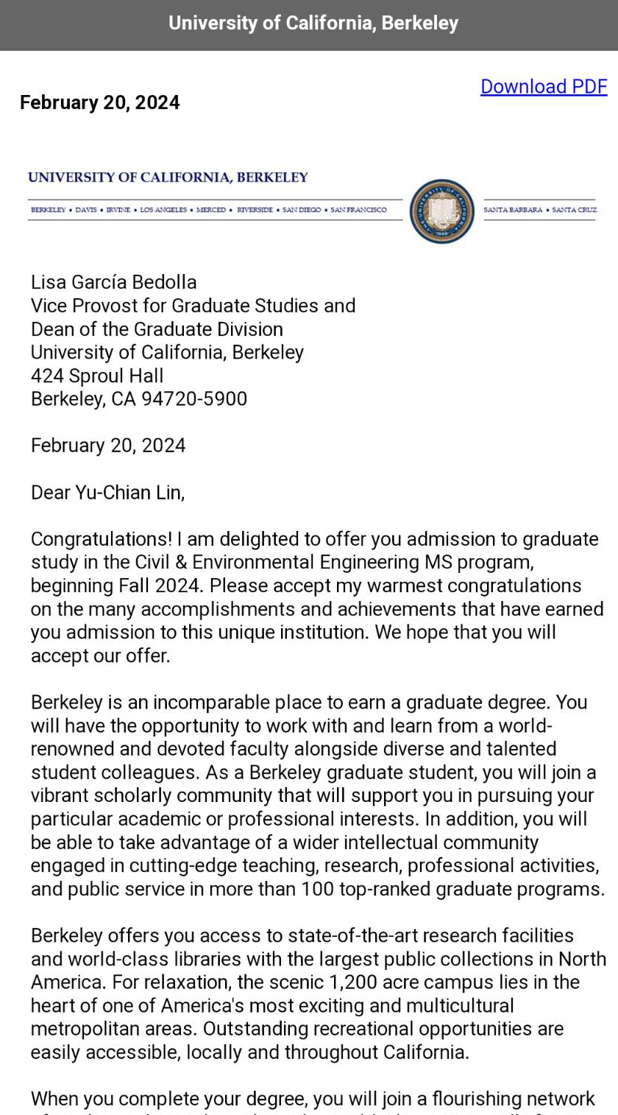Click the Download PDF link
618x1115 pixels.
pyautogui.click(x=543, y=87)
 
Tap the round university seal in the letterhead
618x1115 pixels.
pyautogui.click(x=441, y=211)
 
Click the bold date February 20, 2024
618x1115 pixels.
pyautogui.click(x=99, y=102)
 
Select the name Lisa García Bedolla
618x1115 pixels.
pyautogui.click(x=113, y=282)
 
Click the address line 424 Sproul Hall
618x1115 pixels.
pyautogui.click(x=97, y=376)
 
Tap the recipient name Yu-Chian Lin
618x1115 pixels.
pyautogui.click(x=129, y=493)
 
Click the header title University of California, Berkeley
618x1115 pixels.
pyautogui.click(x=313, y=24)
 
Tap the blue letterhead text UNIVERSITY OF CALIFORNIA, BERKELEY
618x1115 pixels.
pyautogui.click(x=168, y=177)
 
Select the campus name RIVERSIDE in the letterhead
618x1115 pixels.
pyautogui.click(x=255, y=210)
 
